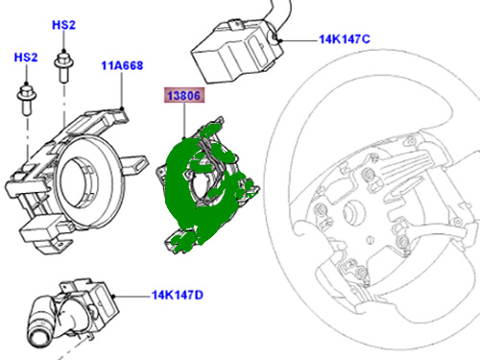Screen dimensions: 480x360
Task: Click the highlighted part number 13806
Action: point(184,95)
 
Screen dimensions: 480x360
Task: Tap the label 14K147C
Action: point(345,39)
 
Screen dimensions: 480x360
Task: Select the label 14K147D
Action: point(178,295)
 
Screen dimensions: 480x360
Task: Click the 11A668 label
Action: point(122,65)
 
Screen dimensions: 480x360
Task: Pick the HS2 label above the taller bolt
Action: point(63,25)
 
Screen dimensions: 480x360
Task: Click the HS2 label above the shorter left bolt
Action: point(26,58)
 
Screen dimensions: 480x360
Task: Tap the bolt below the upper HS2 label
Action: point(64,66)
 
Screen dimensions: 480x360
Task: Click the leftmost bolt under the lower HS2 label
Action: point(27,99)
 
